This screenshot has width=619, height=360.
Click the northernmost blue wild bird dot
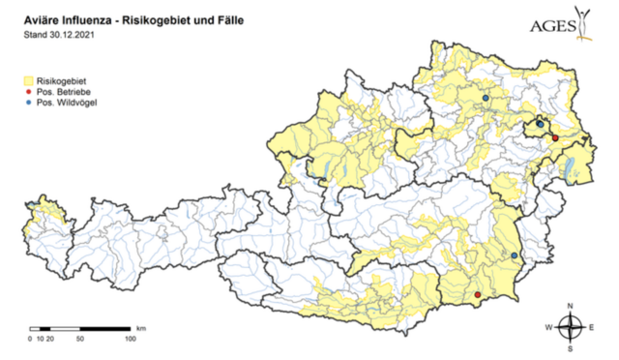coord(486,98)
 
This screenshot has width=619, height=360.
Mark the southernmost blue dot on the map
coord(515,255)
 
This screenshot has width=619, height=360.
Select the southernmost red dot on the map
coord(478,294)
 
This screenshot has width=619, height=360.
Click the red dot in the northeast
coord(555,138)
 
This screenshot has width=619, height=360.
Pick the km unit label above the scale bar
coord(141,328)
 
